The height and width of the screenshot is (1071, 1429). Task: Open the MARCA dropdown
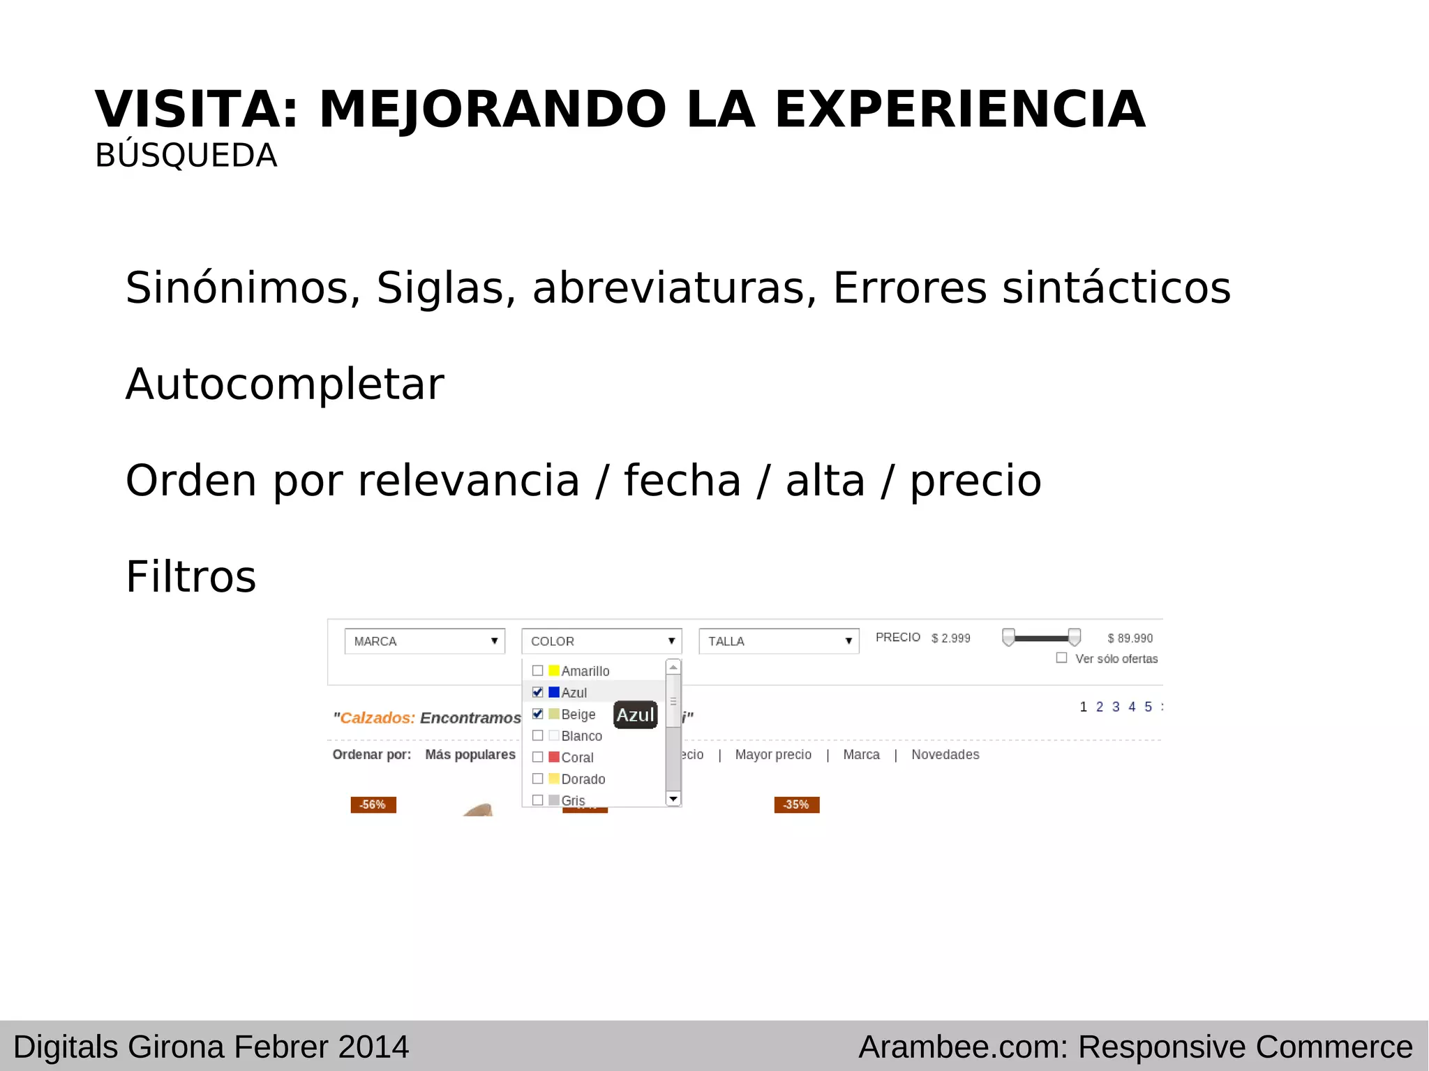pyautogui.click(x=424, y=641)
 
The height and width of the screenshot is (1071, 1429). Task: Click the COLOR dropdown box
pyautogui.click(x=601, y=641)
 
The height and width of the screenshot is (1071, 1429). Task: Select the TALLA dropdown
pyautogui.click(x=779, y=641)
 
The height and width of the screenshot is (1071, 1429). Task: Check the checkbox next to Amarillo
pyautogui.click(x=537, y=671)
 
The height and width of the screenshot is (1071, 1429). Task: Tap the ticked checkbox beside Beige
pyautogui.click(x=537, y=714)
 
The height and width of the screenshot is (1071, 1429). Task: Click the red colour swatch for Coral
pyautogui.click(x=554, y=757)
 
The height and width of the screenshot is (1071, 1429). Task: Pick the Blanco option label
pyautogui.click(x=581, y=736)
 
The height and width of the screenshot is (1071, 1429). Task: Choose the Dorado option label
pyautogui.click(x=583, y=779)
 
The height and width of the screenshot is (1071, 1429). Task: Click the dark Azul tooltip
pyautogui.click(x=635, y=715)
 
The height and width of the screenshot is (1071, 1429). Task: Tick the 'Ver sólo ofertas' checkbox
pyautogui.click(x=1061, y=658)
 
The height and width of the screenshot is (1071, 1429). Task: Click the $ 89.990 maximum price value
pyautogui.click(x=1130, y=638)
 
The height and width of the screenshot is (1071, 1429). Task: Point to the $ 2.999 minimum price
pyautogui.click(x=950, y=638)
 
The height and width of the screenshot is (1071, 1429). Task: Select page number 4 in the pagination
pyautogui.click(x=1132, y=707)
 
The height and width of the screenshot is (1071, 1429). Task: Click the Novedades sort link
pyautogui.click(x=945, y=755)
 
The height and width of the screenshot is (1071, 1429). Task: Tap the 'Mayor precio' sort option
pyautogui.click(x=773, y=755)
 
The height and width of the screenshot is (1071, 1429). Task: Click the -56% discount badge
pyautogui.click(x=373, y=804)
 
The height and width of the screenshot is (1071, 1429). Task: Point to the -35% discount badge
pyautogui.click(x=796, y=804)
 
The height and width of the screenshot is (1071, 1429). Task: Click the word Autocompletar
pyautogui.click(x=285, y=384)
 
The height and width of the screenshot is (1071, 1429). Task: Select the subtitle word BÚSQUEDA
pyautogui.click(x=186, y=156)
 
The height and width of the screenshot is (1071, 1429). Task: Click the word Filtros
pyautogui.click(x=190, y=577)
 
